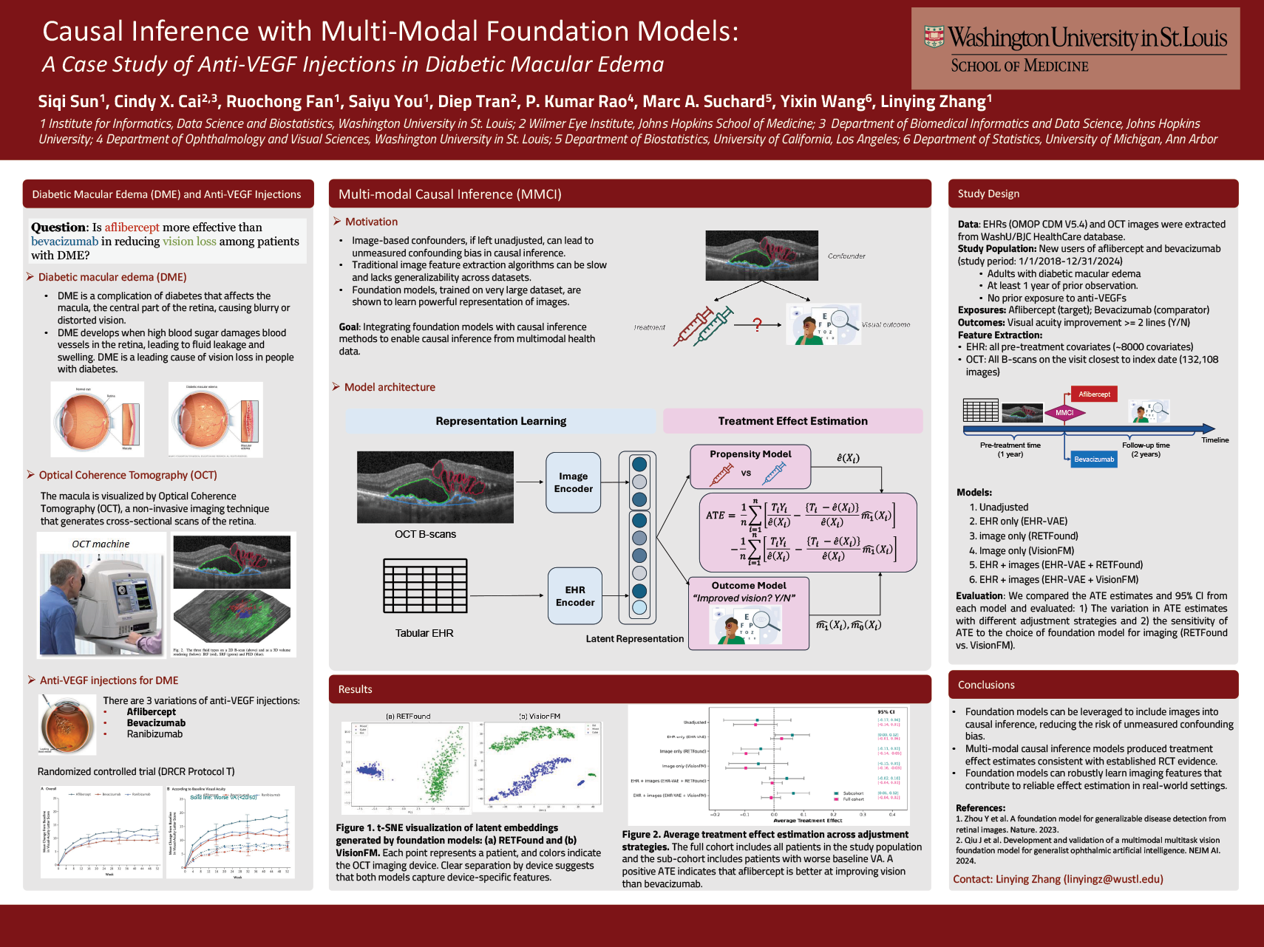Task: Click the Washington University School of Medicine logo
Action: coord(1075,49)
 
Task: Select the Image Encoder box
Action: coord(574,482)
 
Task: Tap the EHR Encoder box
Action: coord(574,596)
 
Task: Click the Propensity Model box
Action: coord(750,466)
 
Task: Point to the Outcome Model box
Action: coord(748,613)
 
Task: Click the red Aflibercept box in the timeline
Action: coord(1094,394)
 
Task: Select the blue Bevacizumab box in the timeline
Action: coord(1093,459)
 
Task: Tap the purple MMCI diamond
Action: coord(1064,413)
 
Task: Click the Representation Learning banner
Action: coord(500,421)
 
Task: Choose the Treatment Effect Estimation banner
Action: coord(792,421)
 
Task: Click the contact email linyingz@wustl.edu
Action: coord(1113,879)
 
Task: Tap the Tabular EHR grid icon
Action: coord(425,586)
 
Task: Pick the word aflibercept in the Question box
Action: coord(132,228)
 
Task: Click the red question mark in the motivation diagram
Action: coord(757,324)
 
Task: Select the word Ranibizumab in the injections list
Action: coord(154,734)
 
